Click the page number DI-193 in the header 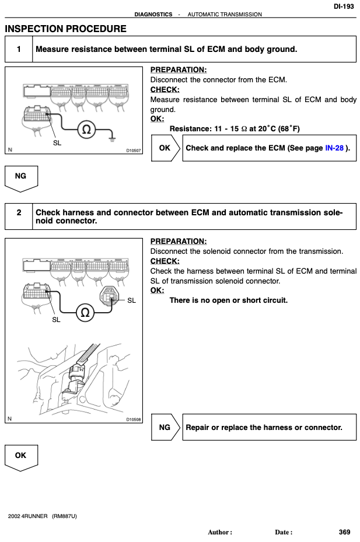point(344,6)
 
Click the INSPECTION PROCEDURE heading point(66,29)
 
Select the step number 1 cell point(19,49)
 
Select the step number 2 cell point(19,216)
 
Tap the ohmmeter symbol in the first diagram point(86,130)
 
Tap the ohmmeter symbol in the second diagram point(85,313)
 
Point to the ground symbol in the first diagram point(111,139)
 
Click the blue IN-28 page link point(334,148)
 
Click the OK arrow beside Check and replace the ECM point(166,148)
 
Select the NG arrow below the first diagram point(21,179)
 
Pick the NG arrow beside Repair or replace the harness point(166,427)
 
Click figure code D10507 point(134,151)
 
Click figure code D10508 point(134,419)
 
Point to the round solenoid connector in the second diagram point(109,296)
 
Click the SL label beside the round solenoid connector point(131,300)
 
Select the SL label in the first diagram point(57,143)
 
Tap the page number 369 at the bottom point(344,532)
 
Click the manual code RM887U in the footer point(64,516)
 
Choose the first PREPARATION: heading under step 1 point(179,70)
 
